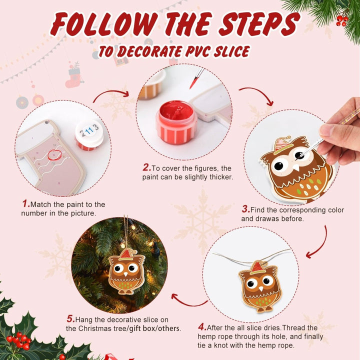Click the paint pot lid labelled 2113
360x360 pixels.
point(89,131)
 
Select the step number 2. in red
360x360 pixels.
point(146,167)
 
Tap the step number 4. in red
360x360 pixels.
point(202,327)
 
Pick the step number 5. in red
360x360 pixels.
point(70,319)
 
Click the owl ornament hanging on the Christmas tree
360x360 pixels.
point(126,270)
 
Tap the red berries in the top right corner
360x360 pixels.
point(342,20)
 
